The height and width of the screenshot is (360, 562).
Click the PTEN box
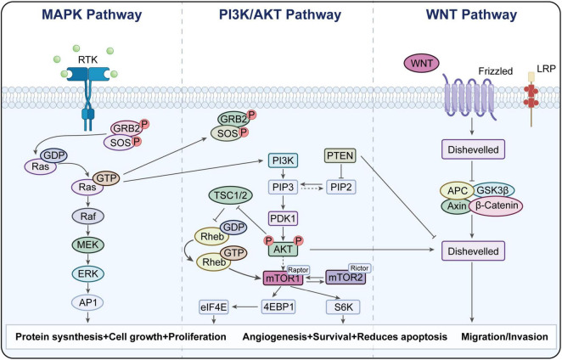tap(340, 156)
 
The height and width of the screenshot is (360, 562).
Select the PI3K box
tap(283, 160)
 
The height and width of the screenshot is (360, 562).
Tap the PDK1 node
tap(284, 218)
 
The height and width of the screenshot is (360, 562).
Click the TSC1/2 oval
tap(230, 196)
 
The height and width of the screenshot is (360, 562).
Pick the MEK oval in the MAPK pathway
tap(87, 245)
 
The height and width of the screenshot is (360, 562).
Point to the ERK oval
tap(87, 273)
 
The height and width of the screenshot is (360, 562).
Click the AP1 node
tap(87, 302)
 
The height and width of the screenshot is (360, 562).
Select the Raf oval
tap(87, 217)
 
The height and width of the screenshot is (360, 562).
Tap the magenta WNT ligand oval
tap(422, 64)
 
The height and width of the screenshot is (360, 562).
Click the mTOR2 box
tap(346, 278)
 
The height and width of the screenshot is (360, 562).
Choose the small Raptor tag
tap(298, 270)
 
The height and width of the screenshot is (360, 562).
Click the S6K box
tap(343, 307)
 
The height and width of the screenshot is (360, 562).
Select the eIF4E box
tap(214, 307)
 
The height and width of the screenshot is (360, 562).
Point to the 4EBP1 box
tap(278, 307)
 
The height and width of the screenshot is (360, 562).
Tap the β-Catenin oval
tap(496, 205)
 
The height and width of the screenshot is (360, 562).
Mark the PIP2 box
tap(341, 187)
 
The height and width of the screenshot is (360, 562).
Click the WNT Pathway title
tap(471, 14)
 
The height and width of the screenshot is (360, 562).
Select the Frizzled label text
tap(496, 71)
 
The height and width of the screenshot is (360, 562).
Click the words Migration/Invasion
tap(504, 337)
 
